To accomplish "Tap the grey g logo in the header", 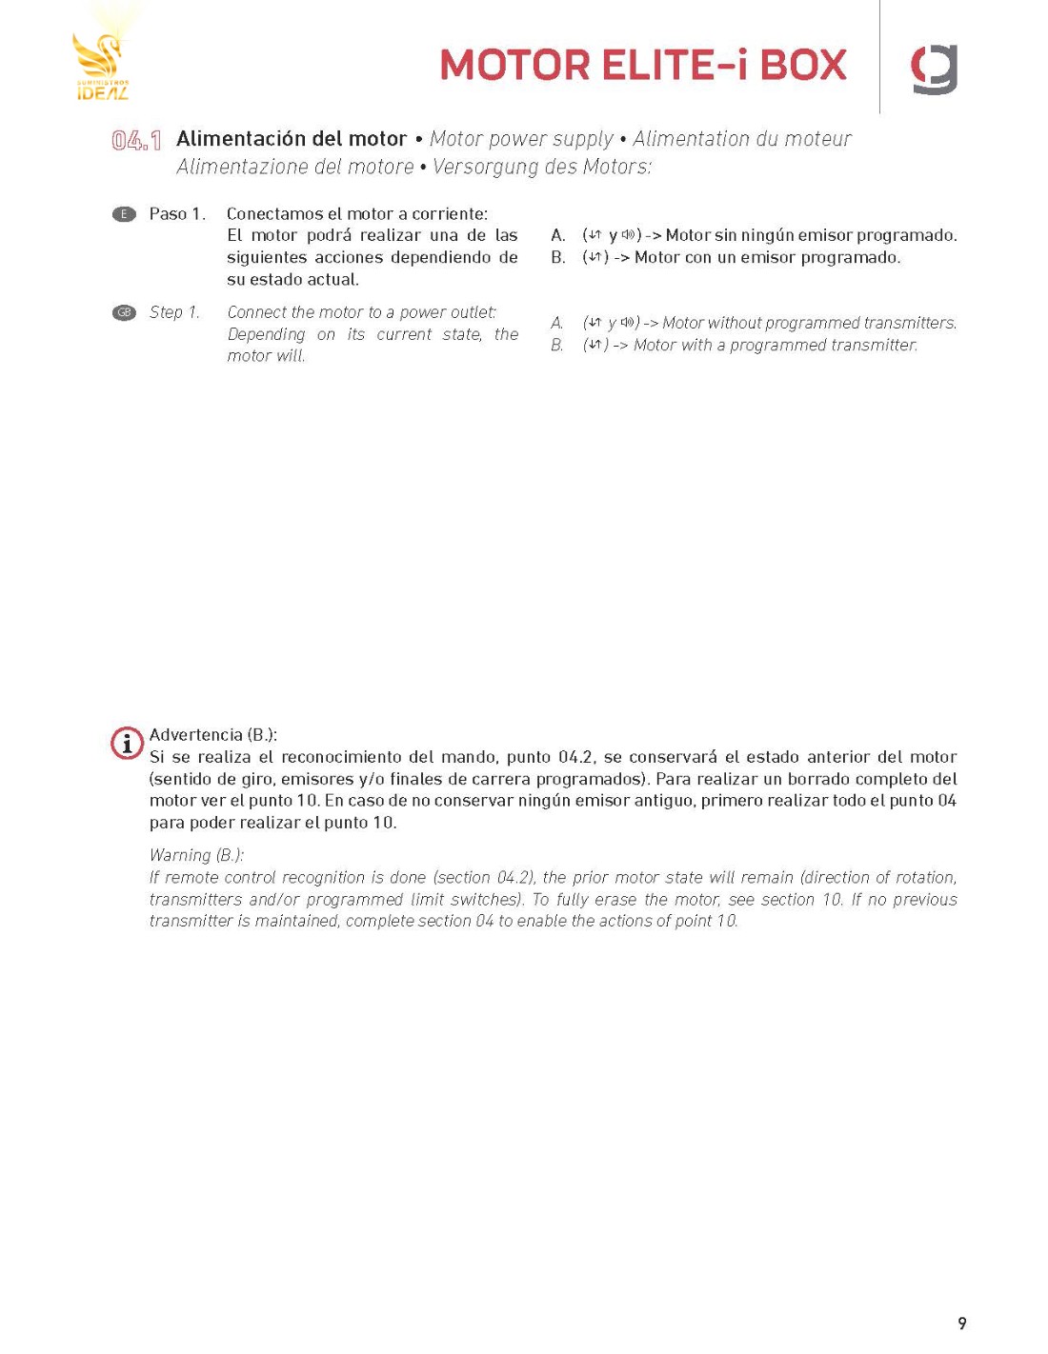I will click(934, 70).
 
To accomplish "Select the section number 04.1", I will click(136, 141).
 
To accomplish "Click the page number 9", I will click(961, 1323).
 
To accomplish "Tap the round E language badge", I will click(124, 214).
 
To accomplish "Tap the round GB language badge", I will click(124, 312).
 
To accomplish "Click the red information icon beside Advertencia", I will click(127, 743).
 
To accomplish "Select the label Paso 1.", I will click(177, 214).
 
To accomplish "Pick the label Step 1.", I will click(174, 312).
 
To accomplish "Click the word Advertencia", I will click(195, 735).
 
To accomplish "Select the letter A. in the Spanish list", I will click(558, 235).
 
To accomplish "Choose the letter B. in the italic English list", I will click(557, 345).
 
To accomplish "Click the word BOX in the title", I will click(803, 66).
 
